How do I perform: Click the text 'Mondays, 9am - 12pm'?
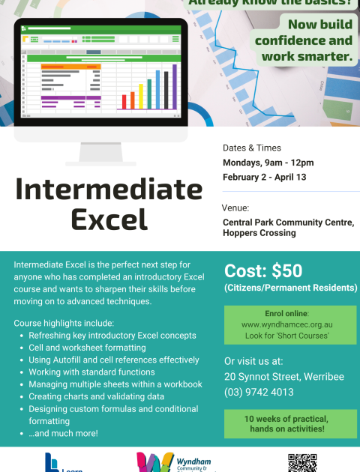click(x=268, y=163)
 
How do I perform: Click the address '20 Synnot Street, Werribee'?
click(x=284, y=376)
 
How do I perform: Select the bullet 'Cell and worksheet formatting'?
click(x=87, y=348)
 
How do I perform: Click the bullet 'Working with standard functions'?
click(x=91, y=372)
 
